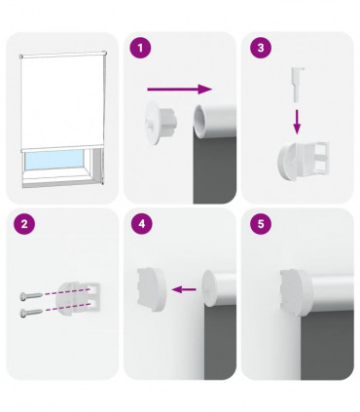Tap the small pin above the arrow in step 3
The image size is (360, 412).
pos(296,79)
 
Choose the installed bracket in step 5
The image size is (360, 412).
pos(298,290)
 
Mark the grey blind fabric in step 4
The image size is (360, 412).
pos(220,351)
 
